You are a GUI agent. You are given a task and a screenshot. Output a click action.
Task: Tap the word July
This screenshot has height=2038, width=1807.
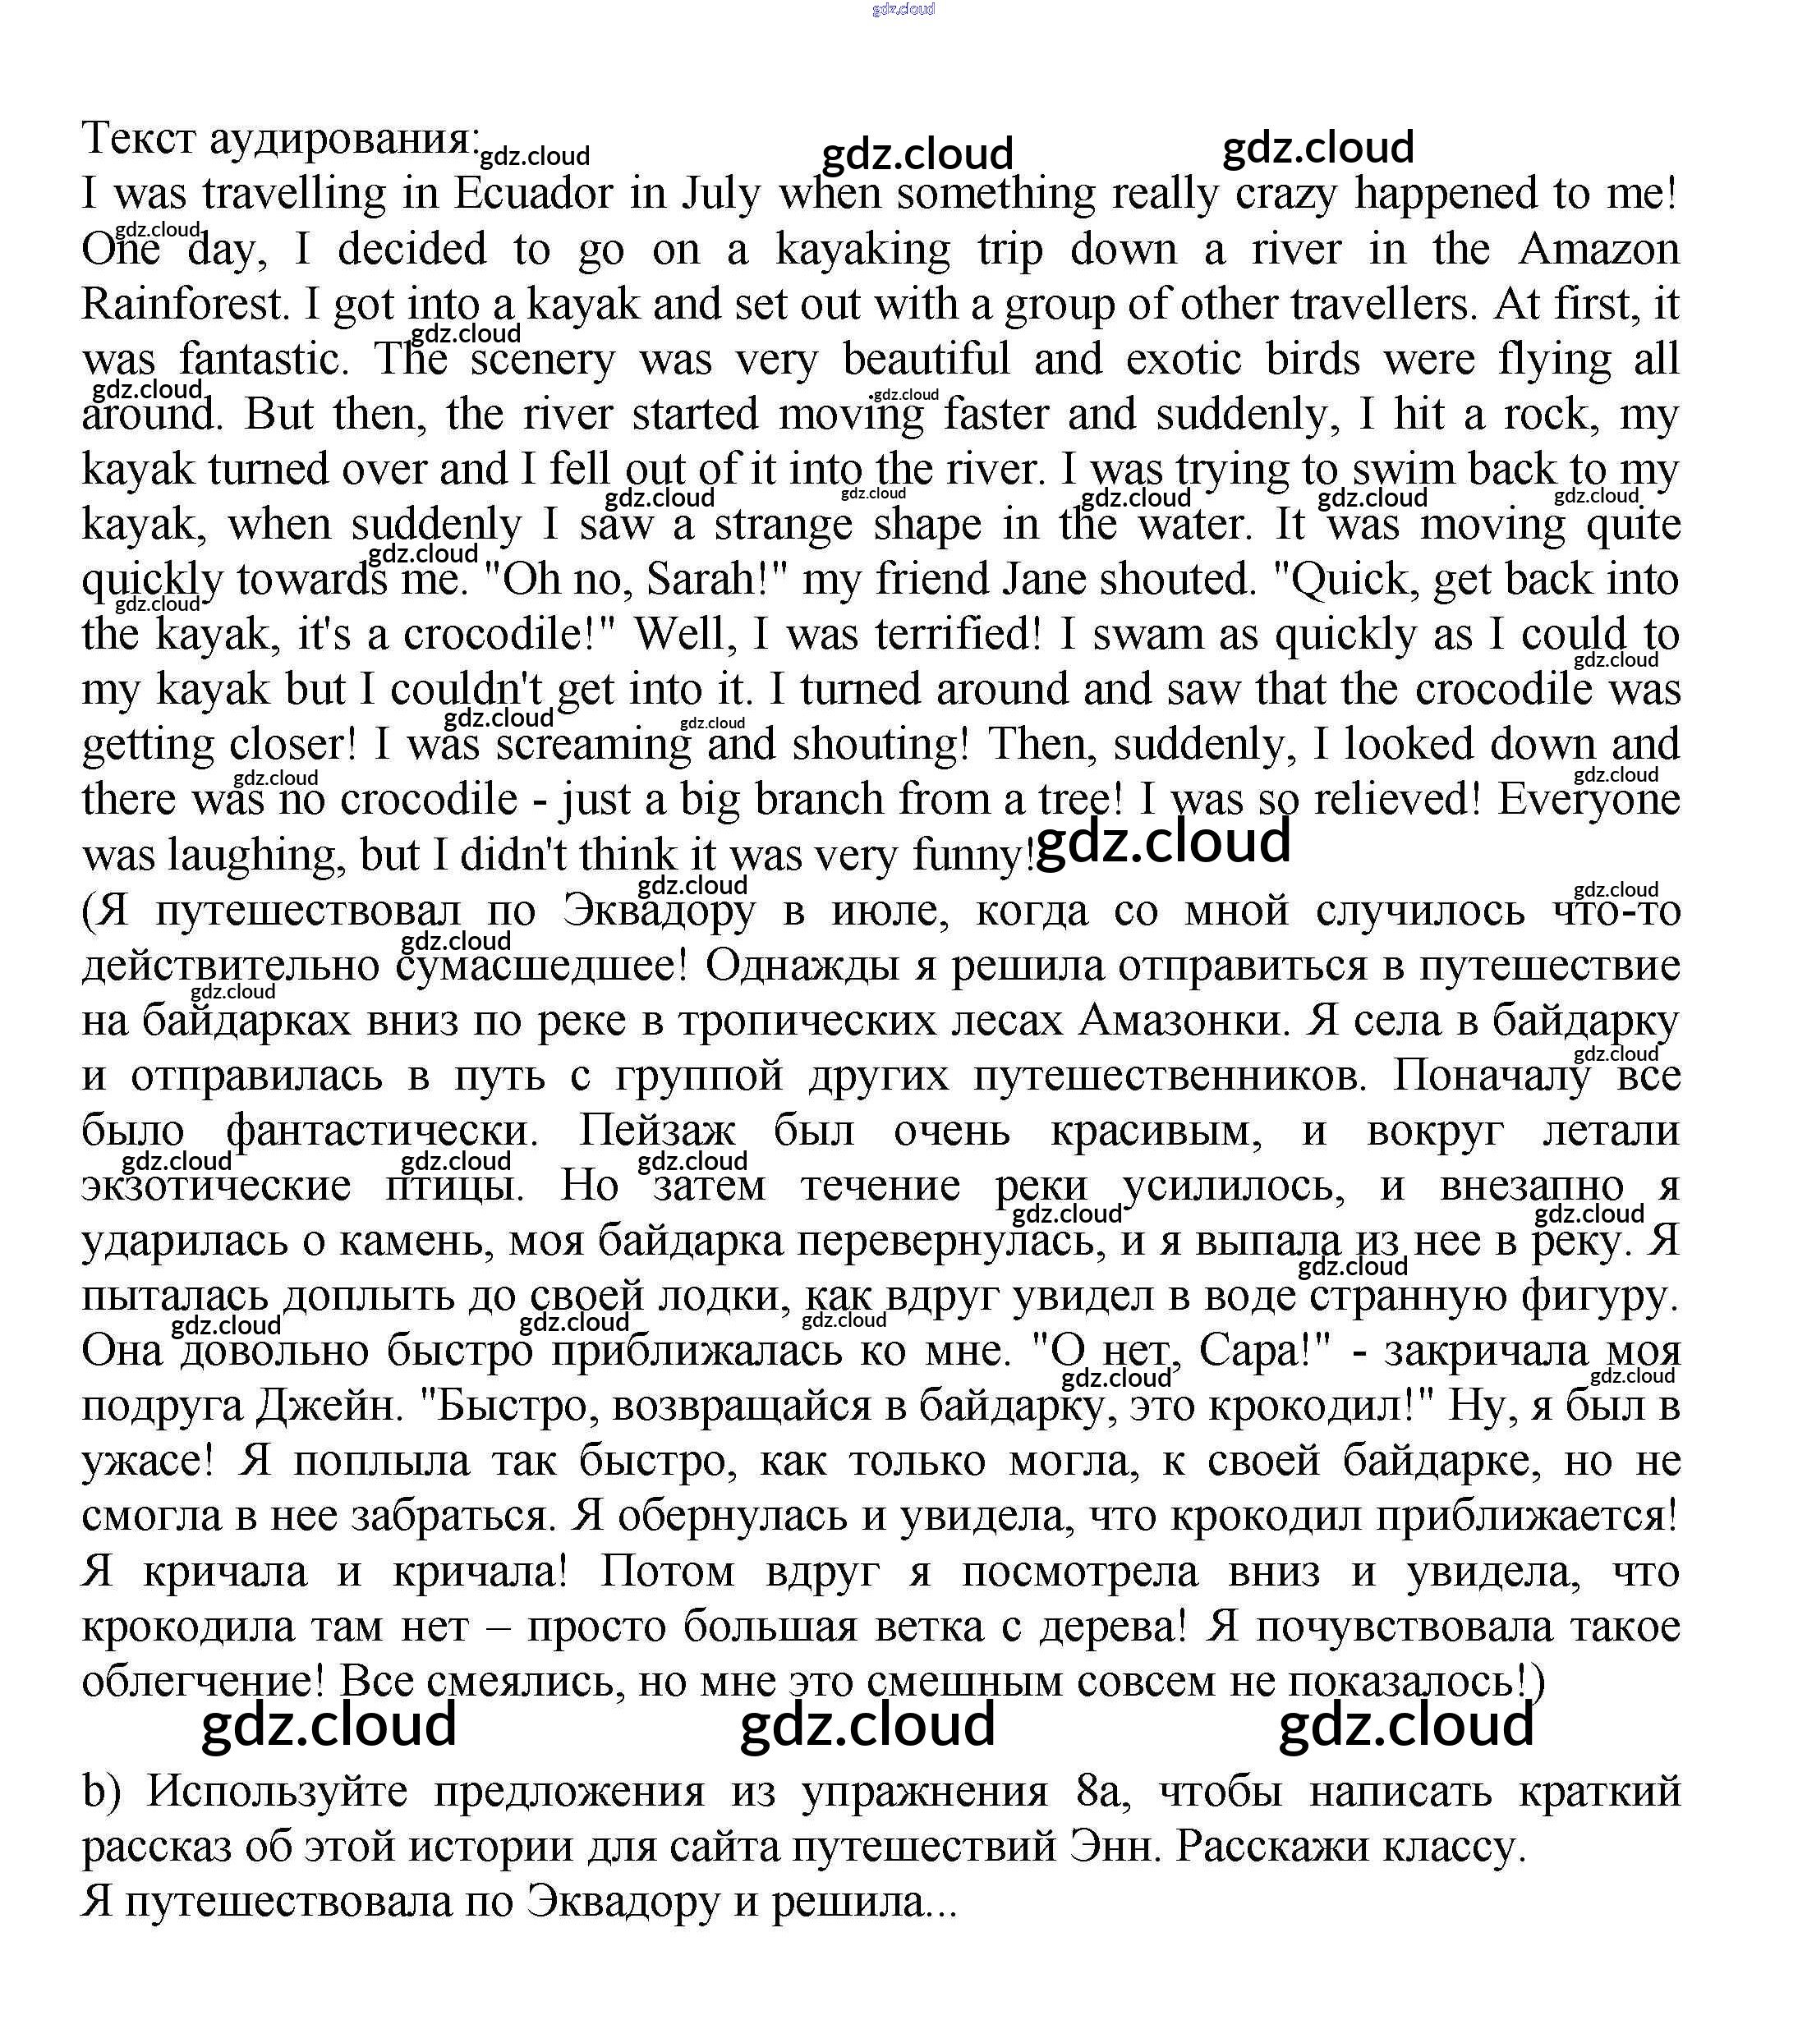pos(721,194)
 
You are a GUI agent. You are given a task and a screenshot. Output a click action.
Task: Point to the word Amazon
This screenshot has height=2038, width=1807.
pos(1598,248)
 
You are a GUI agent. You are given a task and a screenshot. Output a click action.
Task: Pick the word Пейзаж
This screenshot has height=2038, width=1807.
pos(657,1131)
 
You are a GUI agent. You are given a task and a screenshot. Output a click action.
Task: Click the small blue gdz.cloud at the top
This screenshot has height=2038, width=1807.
pos(903,9)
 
